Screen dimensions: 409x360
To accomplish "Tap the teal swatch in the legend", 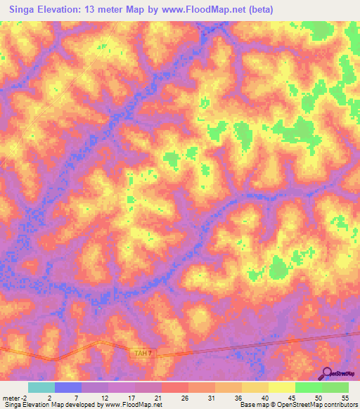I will pos(41,387).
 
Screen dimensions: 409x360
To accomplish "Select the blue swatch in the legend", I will pos(68,387).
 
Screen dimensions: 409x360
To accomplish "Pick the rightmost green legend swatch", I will pos(335,387).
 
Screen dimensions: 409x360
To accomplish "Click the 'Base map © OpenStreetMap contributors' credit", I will pos(297,405).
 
